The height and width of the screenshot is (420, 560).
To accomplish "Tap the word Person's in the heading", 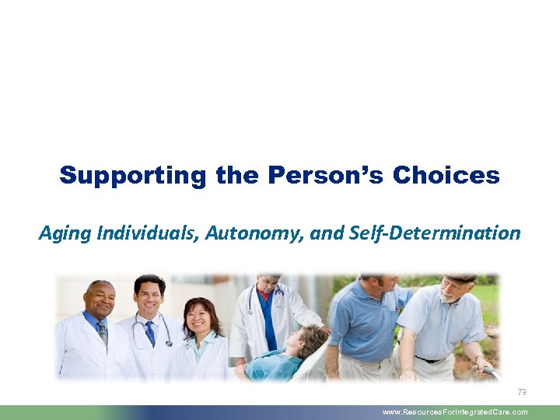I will coord(327,175).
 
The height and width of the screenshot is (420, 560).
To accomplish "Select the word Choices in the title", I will coord(446,175).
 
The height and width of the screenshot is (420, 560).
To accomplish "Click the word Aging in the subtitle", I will coord(63,232).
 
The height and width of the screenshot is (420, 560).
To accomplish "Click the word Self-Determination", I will coord(436,232).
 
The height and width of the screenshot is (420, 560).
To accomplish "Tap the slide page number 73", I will coord(521,393).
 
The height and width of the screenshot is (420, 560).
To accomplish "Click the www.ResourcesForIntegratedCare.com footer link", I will coord(455,412).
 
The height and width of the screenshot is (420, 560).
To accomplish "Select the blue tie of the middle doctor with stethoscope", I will coord(149,331).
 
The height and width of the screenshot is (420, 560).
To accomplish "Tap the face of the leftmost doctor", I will coord(99,299).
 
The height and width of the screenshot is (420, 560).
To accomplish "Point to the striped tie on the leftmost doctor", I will coord(102,332).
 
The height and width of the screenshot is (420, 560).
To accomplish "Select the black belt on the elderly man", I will coord(432,359).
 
